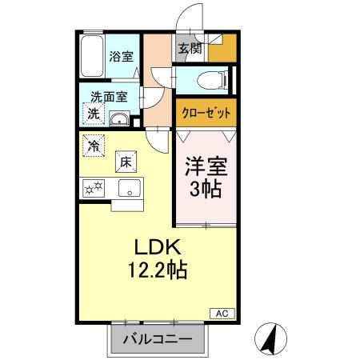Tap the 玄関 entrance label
click(x=190, y=49)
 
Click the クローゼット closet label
click(x=204, y=113)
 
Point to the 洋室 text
click(x=206, y=168)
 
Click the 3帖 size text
click(x=206, y=191)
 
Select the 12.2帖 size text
click(x=157, y=270)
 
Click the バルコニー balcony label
click(x=157, y=339)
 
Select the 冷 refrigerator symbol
click(x=94, y=146)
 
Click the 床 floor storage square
click(x=125, y=161)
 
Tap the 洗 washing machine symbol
click(x=93, y=114)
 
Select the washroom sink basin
click(x=120, y=120)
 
